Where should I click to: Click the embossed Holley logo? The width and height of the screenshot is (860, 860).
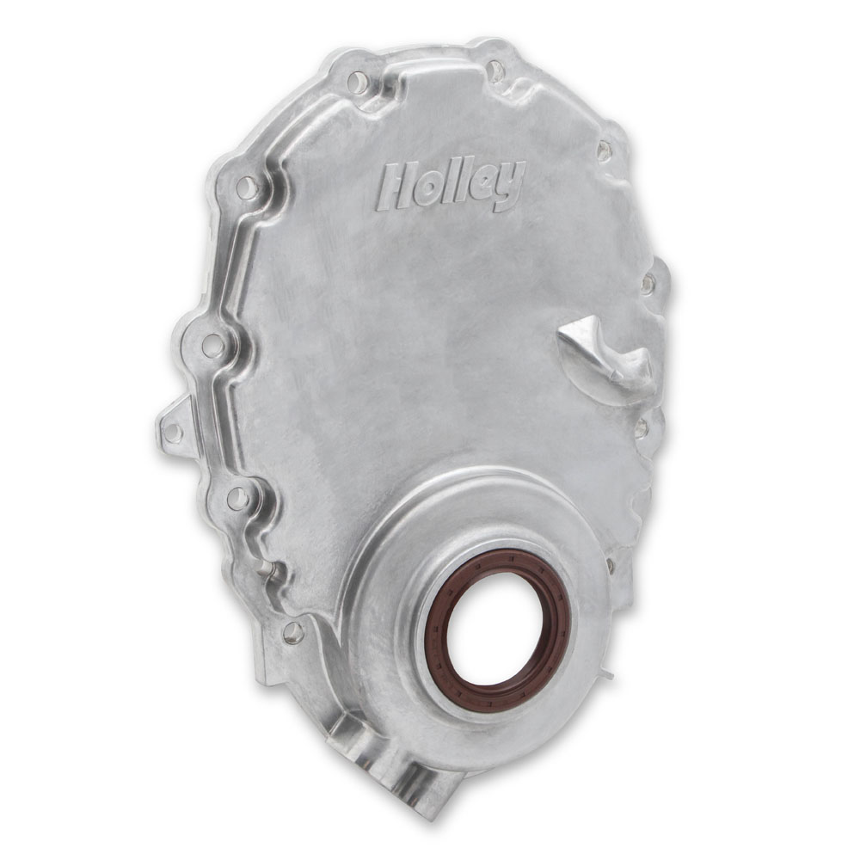(450, 185)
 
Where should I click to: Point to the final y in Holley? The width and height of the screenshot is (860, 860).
(508, 187)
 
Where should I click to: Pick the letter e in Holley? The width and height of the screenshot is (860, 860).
(481, 185)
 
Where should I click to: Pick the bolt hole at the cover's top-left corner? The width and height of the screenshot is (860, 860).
(356, 83)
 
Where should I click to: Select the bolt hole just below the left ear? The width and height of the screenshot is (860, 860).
(238, 497)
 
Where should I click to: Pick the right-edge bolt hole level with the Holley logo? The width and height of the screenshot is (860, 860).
(605, 151)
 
